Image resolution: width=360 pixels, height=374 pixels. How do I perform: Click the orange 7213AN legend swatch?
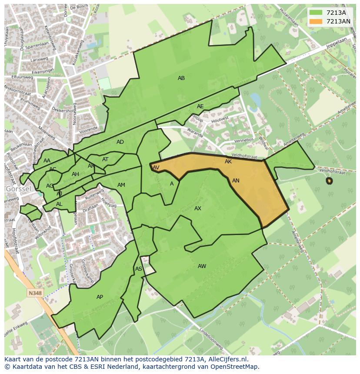(316, 21)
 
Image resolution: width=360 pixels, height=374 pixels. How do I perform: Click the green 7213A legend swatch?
(316, 13)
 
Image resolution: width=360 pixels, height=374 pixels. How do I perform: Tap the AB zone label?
(181, 78)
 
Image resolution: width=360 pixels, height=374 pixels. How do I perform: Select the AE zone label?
(200, 106)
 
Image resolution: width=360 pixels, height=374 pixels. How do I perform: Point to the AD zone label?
(120, 142)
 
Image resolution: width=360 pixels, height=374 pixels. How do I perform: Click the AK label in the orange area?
(228, 162)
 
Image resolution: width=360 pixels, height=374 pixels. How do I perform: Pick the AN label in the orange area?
(236, 181)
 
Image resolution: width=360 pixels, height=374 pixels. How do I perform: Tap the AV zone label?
(156, 168)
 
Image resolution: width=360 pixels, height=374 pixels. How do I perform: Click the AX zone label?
(198, 209)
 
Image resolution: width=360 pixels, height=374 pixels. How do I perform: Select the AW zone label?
(202, 266)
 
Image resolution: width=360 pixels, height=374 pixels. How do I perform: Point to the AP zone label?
(100, 297)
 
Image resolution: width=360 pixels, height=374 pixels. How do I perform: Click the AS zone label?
(138, 269)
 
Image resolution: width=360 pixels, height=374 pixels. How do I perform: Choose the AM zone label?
(121, 185)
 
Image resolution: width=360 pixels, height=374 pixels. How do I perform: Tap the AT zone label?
(105, 159)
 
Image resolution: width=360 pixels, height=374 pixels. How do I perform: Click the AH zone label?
(75, 174)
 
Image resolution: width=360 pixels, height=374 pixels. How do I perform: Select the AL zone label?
(59, 204)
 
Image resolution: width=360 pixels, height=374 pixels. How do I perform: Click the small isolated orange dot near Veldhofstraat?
(329, 181)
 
